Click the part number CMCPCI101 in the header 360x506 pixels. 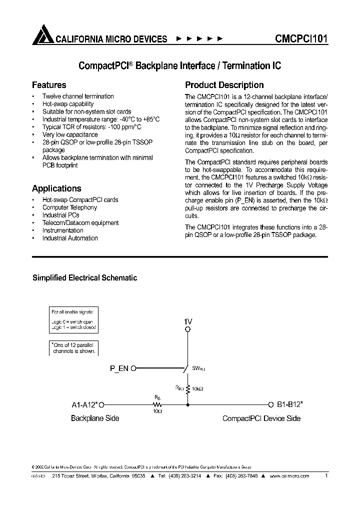[x=301, y=38]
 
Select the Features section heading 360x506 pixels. [x=49, y=85]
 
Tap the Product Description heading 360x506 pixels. [x=224, y=85]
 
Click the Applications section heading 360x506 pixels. [x=56, y=188]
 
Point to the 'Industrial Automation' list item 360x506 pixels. [x=70, y=238]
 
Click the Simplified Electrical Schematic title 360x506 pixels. [x=84, y=278]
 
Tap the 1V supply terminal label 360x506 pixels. [x=187, y=321]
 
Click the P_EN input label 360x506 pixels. [x=119, y=368]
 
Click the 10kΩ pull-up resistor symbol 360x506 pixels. [x=187, y=388]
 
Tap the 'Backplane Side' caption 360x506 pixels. [x=95, y=418]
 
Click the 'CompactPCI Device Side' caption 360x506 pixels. [x=261, y=418]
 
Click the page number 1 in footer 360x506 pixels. [x=326, y=476]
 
